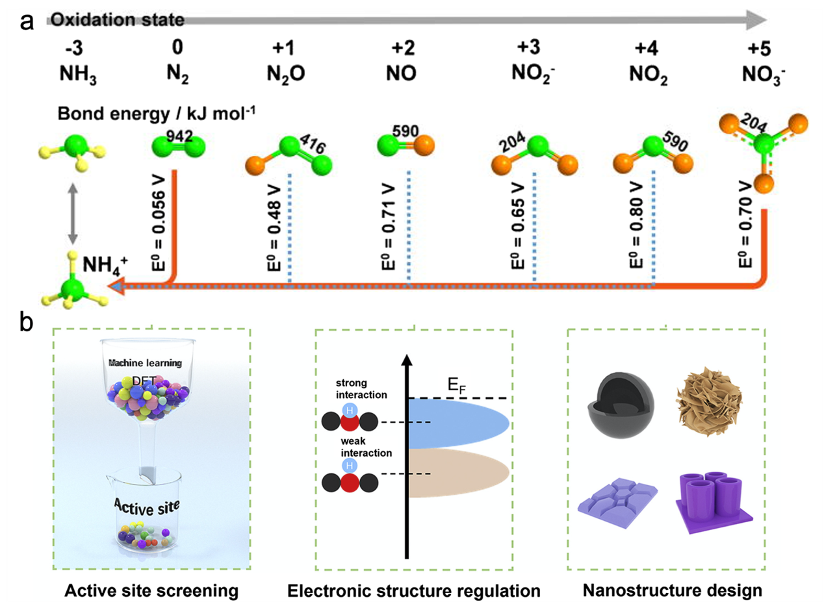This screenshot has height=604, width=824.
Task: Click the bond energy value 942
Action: point(179,136)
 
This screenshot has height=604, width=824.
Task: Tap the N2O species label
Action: point(286,74)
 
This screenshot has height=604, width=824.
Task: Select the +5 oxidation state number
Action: point(760,49)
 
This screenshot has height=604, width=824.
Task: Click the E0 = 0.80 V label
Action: point(636,225)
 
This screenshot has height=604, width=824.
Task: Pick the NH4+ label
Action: point(105,266)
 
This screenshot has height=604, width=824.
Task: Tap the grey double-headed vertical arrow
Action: point(73,214)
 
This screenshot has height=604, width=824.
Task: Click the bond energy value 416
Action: point(313,144)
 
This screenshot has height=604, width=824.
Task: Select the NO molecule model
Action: point(406,145)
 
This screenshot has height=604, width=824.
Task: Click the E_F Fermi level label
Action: point(457,386)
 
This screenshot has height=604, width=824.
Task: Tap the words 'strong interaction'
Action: point(361,388)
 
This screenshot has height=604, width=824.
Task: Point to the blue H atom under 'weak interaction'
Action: point(350,466)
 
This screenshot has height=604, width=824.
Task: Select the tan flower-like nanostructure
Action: point(709,401)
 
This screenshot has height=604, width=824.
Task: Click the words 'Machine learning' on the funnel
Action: point(146,364)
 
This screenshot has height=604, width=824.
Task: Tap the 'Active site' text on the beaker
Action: point(147,507)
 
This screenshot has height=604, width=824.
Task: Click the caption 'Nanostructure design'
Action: point(673,591)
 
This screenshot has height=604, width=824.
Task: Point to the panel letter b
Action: point(27,322)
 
